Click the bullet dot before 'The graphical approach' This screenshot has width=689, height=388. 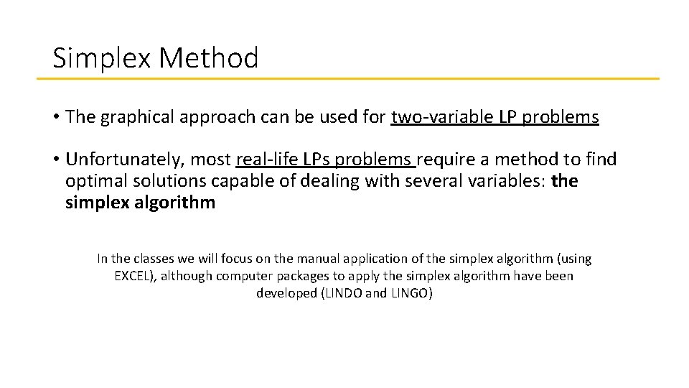point(55,117)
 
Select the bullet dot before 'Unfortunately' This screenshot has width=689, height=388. point(55,159)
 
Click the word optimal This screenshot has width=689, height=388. point(93,181)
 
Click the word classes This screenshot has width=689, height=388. point(152,259)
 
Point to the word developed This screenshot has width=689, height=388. point(285,293)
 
